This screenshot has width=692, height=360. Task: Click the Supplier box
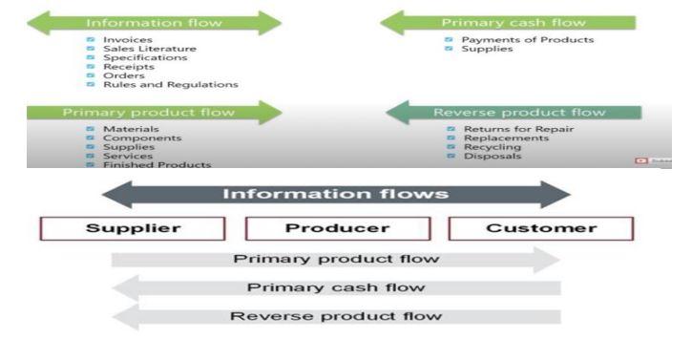[x=132, y=229]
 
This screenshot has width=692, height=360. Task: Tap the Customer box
[x=540, y=229]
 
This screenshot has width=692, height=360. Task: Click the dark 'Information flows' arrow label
[x=335, y=194]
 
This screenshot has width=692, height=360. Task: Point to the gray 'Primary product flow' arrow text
[x=335, y=259]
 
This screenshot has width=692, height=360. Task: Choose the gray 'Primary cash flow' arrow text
[x=335, y=287]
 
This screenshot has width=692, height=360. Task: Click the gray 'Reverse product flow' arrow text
[x=335, y=316]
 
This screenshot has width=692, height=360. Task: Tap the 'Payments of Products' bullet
[x=527, y=40]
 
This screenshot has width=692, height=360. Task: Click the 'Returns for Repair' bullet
[x=518, y=129]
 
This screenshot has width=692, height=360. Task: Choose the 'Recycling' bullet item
[x=492, y=147]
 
